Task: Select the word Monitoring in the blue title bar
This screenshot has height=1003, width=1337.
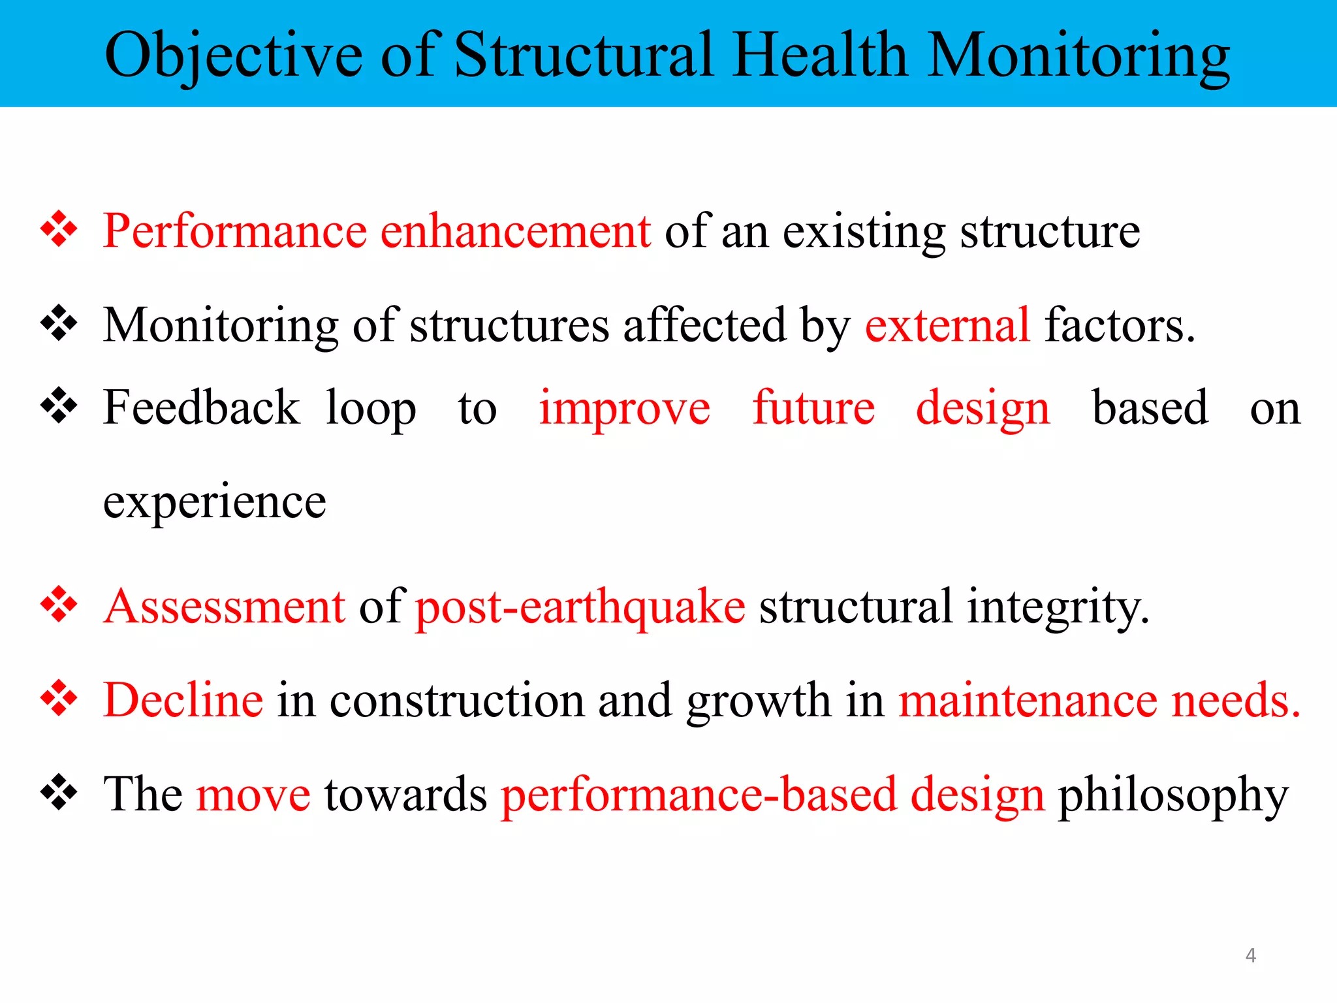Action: point(1078,56)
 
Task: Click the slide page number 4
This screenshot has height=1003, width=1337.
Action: point(1250,955)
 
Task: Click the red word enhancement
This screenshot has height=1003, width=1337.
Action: point(515,231)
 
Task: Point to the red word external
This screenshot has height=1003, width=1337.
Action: point(947,325)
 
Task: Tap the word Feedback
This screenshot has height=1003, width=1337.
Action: point(201,407)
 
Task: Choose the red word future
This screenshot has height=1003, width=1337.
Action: point(813,407)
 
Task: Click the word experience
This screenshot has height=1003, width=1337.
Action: point(215,503)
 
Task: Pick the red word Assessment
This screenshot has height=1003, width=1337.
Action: point(225,607)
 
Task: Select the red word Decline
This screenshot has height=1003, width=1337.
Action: point(183,700)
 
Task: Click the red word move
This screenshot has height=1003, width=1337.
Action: point(253,795)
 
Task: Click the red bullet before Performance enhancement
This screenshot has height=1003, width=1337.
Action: point(59,229)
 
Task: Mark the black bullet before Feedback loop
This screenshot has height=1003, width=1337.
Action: point(59,406)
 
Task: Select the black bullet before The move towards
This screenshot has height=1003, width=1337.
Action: point(59,792)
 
